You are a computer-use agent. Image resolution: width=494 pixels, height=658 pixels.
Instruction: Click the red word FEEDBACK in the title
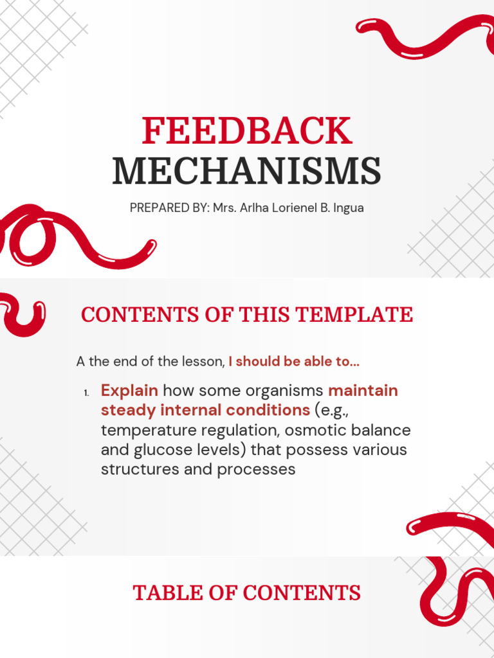click(x=247, y=131)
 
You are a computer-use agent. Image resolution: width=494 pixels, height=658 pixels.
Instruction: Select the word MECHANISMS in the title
click(x=247, y=171)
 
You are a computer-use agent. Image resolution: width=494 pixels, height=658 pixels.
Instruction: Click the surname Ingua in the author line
click(x=348, y=208)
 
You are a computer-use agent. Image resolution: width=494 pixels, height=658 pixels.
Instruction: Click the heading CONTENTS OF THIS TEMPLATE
click(x=247, y=315)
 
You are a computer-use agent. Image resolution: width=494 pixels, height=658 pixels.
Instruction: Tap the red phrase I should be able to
click(x=294, y=362)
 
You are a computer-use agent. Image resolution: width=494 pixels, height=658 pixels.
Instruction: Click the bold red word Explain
click(x=129, y=391)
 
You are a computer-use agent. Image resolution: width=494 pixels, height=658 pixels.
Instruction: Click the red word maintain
click(x=363, y=391)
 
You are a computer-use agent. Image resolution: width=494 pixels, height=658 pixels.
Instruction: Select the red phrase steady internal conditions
click(x=205, y=410)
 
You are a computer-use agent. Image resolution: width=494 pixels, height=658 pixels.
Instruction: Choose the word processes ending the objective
click(x=256, y=470)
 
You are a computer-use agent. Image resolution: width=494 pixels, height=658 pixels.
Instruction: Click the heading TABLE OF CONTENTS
click(x=247, y=592)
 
